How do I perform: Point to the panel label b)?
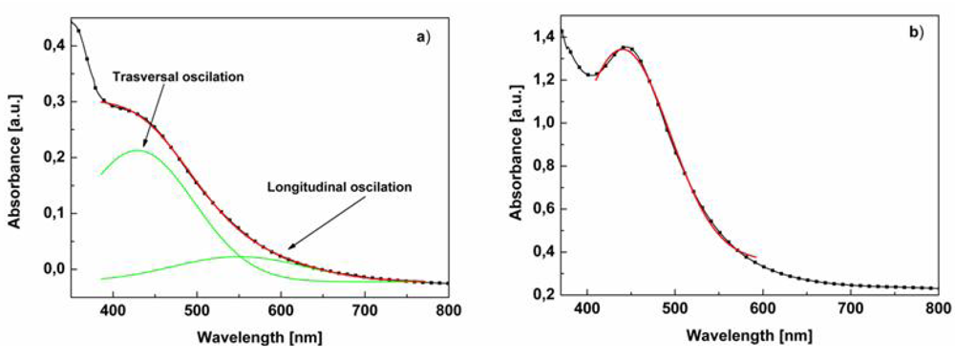pos(915,32)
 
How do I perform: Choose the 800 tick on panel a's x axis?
pos(448,311)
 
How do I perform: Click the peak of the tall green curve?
pos(138,150)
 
